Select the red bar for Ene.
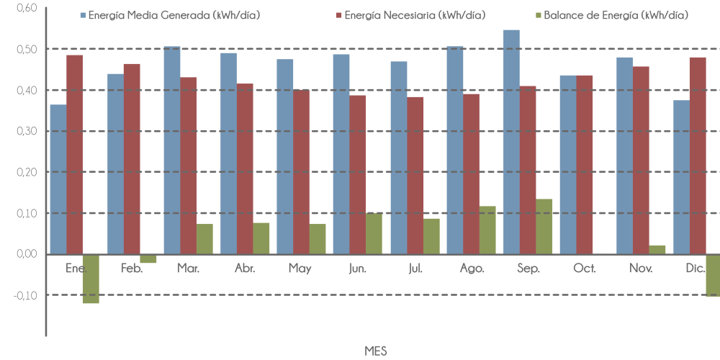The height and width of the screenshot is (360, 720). pos(74,154)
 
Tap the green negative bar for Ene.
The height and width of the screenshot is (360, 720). pos(91,279)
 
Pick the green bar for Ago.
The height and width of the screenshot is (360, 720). pos(487,230)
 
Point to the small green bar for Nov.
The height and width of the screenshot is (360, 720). pos(657,249)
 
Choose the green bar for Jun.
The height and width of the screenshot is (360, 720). pos(374,233)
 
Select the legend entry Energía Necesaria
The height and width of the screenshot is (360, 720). pos(415,15)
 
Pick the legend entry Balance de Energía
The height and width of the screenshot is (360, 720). pos(616,15)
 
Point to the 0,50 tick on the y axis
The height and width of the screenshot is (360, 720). pos(27,49)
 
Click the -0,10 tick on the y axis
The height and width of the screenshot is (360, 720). pos(26,295)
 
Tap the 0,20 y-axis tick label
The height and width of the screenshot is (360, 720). pos(27,172)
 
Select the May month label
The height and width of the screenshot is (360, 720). pos(300,268)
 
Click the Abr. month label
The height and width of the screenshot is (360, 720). pos(245,268)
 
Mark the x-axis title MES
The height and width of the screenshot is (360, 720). pos(375,351)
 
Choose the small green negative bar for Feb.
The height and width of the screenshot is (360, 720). pos(148,258)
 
